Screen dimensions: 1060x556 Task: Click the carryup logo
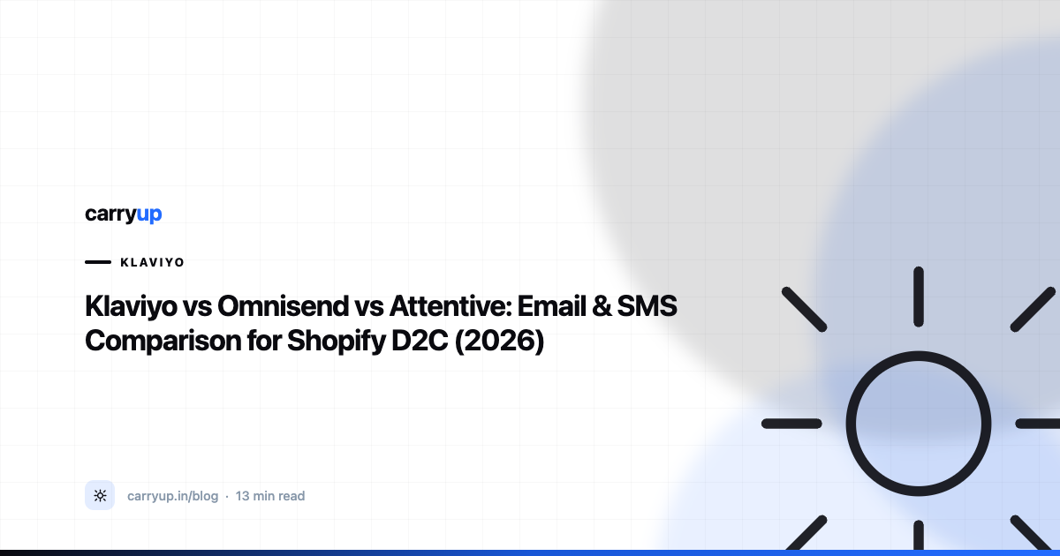pos(124,214)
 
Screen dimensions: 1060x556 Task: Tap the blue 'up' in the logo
pos(149,215)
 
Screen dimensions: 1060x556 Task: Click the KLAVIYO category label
pos(152,262)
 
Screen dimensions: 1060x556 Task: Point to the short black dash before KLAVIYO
pos(98,262)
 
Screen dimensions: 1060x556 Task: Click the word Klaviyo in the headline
pos(131,307)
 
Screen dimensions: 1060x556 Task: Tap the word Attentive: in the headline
pos(451,306)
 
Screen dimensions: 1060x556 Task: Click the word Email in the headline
pos(552,306)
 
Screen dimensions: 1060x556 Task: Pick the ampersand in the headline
pos(602,306)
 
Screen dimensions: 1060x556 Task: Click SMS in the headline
pos(647,306)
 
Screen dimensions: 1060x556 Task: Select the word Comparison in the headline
pos(163,342)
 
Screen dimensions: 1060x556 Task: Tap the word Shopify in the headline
pos(336,342)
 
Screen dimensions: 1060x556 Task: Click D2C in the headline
pos(420,341)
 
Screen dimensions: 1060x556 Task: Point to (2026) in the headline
pos(499,342)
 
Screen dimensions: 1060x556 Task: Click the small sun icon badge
pos(100,495)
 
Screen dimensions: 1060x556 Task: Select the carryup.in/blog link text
pos(173,496)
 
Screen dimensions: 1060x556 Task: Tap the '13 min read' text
pos(270,496)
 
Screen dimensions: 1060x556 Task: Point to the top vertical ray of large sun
pos(919,297)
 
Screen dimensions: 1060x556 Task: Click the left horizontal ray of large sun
pos(791,424)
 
